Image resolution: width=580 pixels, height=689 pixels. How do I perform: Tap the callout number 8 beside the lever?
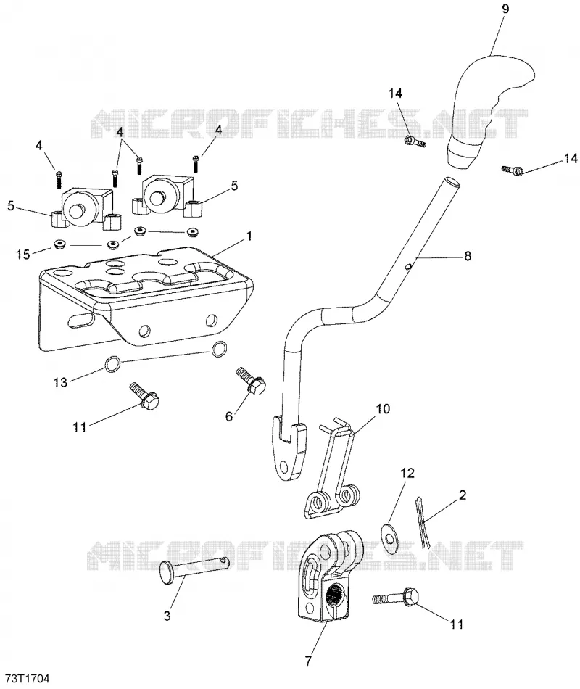click(x=468, y=255)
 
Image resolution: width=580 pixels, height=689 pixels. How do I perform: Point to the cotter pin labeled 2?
click(x=421, y=522)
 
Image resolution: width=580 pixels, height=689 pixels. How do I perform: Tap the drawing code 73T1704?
click(x=25, y=678)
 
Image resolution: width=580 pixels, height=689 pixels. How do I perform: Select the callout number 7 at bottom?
click(x=308, y=661)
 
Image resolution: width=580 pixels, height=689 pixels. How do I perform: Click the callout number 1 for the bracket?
click(x=249, y=236)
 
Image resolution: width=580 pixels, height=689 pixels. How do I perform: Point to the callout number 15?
click(x=23, y=255)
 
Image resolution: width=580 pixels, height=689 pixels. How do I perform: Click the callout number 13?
click(x=60, y=382)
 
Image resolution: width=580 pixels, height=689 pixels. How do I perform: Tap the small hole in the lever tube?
click(x=408, y=265)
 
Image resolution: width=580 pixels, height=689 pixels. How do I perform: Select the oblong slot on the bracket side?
click(x=80, y=319)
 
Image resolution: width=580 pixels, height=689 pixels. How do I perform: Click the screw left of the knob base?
click(x=415, y=141)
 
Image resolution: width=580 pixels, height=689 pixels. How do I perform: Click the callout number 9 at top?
click(x=505, y=9)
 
